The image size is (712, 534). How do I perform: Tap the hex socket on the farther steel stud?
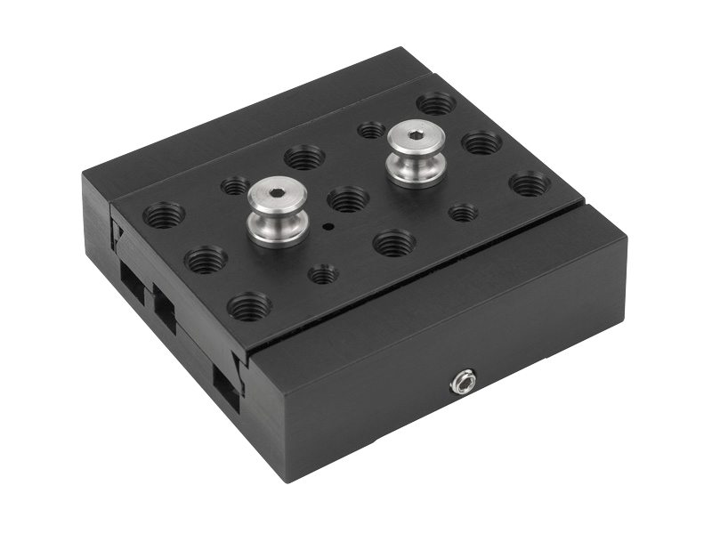coord(416,136)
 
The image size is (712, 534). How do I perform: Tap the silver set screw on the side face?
coord(463,384)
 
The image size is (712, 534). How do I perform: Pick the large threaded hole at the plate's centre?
coord(348,198)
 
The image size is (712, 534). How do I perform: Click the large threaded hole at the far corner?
coord(436,103)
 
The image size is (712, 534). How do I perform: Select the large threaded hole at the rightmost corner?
coord(530,184)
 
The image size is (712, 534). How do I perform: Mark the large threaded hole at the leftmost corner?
coord(165,214)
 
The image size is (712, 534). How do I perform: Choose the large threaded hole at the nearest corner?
coord(249,307)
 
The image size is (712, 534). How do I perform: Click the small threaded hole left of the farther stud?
coord(371,130)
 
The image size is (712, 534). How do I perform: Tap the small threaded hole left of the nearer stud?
coord(235,186)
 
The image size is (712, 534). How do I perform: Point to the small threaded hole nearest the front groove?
coord(323,274)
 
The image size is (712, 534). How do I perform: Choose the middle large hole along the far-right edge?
coord(481,142)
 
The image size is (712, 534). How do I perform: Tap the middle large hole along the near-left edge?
coord(206,260)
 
